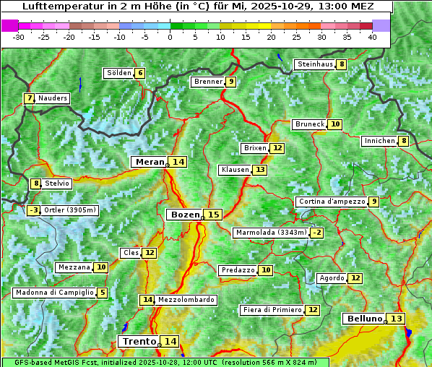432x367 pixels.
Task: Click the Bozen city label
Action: (184, 215)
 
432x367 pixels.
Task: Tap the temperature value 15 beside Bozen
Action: (213, 215)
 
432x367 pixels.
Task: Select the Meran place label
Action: (150, 162)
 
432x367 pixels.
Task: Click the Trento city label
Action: (139, 341)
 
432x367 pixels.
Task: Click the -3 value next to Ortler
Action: (33, 210)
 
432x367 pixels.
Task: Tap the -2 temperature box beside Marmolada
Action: (316, 233)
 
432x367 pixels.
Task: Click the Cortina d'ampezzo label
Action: (332, 202)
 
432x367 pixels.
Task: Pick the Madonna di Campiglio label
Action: (55, 293)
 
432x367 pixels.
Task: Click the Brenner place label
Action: (208, 82)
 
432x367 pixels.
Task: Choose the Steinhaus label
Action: (315, 64)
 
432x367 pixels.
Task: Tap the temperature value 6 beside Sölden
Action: (140, 73)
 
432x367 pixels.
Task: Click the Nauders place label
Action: (53, 98)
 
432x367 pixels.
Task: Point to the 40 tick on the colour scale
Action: (372, 37)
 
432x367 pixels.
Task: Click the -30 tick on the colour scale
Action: (19, 37)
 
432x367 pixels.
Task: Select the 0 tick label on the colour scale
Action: (170, 37)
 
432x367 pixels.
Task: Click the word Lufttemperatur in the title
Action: (55, 7)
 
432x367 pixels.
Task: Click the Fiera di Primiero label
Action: (272, 310)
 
